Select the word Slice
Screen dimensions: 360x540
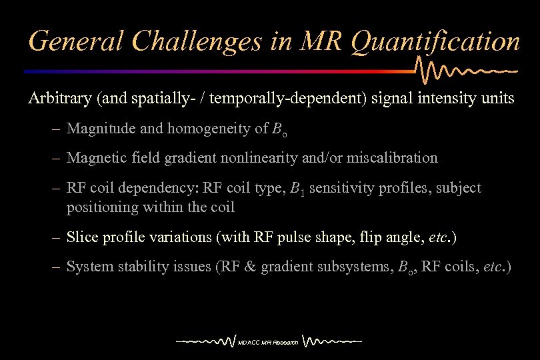click(x=81, y=237)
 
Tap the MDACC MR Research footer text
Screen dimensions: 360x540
click(x=269, y=343)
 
